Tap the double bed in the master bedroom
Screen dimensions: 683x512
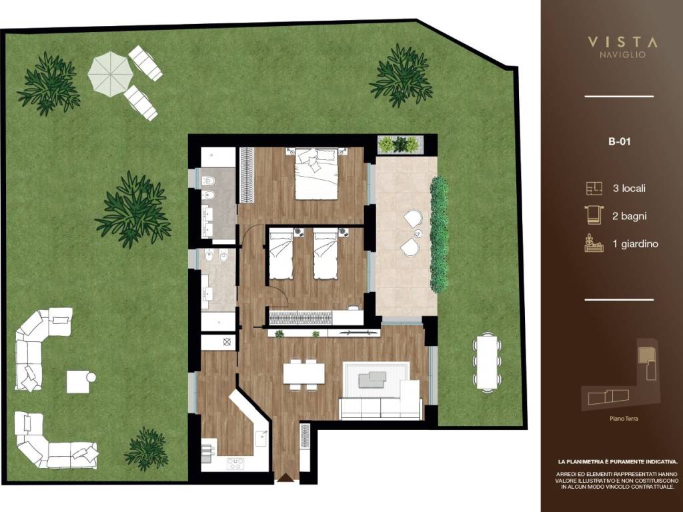317,174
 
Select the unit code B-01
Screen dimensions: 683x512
619,141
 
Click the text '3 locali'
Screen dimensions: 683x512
629,189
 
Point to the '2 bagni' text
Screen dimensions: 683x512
630,216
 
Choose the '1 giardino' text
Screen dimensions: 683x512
636,244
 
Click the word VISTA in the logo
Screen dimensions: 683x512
622,42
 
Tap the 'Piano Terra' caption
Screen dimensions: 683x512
624,419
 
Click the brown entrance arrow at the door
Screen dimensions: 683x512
285,477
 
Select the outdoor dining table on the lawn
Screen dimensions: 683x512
486,361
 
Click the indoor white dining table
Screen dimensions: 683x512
303,373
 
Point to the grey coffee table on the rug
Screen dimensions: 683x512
372,379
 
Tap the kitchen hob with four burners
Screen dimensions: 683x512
235,463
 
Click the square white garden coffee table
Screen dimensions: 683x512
78,382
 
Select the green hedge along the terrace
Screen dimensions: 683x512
439,234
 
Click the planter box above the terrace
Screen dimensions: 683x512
400,144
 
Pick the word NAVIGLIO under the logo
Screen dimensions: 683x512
622,55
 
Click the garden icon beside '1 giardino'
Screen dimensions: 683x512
594,243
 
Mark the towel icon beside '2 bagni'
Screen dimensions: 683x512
593,215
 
